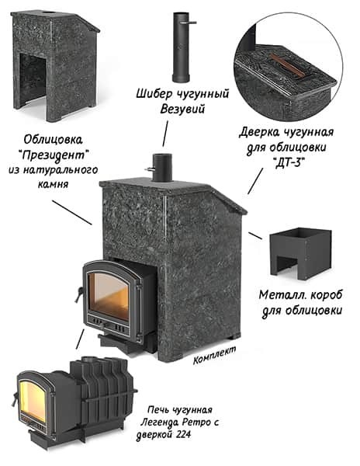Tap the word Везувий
click(x=182, y=109)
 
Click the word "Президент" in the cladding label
click(x=54, y=155)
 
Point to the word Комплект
click(x=215, y=355)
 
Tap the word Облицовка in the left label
click(x=53, y=139)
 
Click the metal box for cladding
click(x=300, y=254)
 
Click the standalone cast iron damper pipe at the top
click(x=181, y=47)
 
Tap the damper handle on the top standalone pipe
click(x=189, y=23)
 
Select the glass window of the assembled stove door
click(x=109, y=297)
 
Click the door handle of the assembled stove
click(x=79, y=294)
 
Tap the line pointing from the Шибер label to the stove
click(x=165, y=134)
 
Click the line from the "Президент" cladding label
click(x=72, y=212)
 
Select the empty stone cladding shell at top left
click(x=55, y=65)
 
